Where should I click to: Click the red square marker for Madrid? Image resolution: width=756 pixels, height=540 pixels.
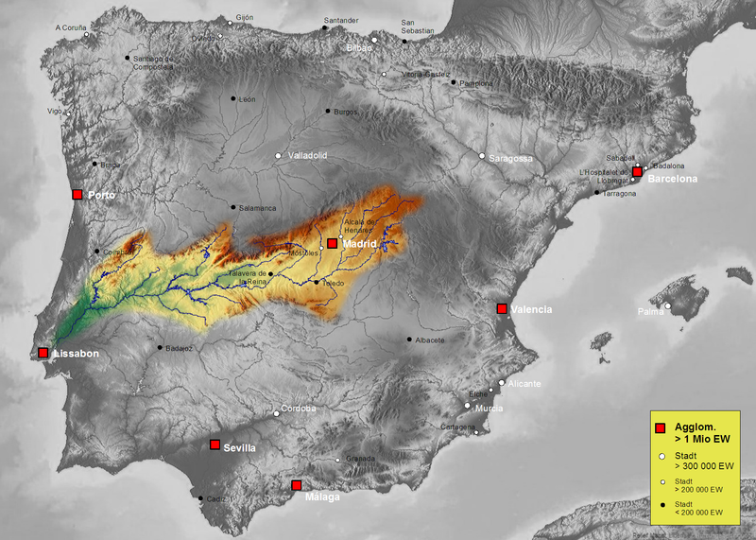pyautogui.click(x=332, y=243)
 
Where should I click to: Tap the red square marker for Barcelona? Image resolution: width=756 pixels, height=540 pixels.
pyautogui.click(x=638, y=172)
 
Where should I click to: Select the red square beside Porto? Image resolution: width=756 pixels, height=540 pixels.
pyautogui.click(x=77, y=195)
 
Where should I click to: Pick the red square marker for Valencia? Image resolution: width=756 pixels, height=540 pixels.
pyautogui.click(x=502, y=308)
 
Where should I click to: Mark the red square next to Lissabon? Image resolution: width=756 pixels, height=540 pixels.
pyautogui.click(x=43, y=353)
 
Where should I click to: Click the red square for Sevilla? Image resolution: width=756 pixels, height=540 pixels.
pyautogui.click(x=215, y=444)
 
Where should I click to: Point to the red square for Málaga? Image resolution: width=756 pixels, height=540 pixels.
pyautogui.click(x=296, y=485)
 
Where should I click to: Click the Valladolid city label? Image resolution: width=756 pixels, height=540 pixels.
pyautogui.click(x=307, y=155)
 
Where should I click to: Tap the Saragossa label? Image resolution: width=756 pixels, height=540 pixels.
pyautogui.click(x=510, y=159)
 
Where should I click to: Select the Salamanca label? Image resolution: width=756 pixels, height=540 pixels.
pyautogui.click(x=257, y=208)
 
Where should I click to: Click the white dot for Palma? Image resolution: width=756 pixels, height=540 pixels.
pyautogui.click(x=668, y=305)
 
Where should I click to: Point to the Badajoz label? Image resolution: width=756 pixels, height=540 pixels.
pyautogui.click(x=179, y=349)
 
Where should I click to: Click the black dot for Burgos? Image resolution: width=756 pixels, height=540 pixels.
pyautogui.click(x=328, y=111)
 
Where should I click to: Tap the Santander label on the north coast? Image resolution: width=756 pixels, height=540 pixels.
pyautogui.click(x=341, y=20)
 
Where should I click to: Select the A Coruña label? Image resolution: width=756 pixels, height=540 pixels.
pyautogui.click(x=71, y=28)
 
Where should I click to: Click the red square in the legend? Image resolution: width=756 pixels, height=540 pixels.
pyautogui.click(x=660, y=428)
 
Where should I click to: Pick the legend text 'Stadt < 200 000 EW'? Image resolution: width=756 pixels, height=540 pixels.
pyautogui.click(x=697, y=508)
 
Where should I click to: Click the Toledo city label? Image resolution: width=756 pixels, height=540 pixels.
pyautogui.click(x=334, y=283)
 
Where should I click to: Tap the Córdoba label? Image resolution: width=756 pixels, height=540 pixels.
pyautogui.click(x=299, y=409)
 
